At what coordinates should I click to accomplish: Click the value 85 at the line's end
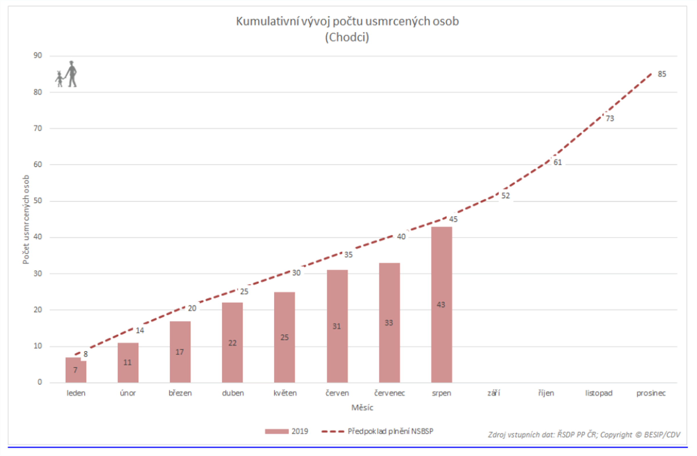[662, 74]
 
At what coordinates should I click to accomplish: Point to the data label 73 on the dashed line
[610, 118]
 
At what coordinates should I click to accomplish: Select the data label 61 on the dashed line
[558, 162]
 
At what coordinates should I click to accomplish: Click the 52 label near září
[506, 196]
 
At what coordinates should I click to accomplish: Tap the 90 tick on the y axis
[38, 55]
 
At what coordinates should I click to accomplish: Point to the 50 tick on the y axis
[38, 201]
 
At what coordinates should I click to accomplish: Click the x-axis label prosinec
[651, 393]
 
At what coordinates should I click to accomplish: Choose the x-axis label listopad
[599, 393]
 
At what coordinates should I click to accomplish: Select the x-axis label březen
[180, 393]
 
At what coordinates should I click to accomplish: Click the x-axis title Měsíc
[362, 408]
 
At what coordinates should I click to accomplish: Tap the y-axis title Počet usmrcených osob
[26, 219]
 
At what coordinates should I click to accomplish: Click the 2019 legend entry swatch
[276, 431]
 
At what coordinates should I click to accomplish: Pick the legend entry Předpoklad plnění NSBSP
[390, 431]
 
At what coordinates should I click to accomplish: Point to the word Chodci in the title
[347, 37]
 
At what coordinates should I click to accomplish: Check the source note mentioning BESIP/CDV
[584, 435]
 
